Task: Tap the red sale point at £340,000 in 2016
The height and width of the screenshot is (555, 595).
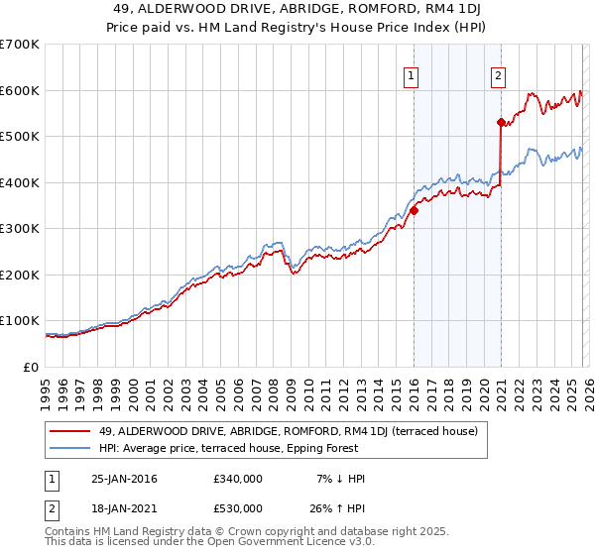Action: tap(414, 210)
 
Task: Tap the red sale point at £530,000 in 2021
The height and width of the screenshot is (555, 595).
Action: tap(501, 123)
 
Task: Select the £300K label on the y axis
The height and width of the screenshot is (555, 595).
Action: tap(20, 228)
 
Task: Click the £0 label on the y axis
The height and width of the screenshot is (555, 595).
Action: tap(32, 367)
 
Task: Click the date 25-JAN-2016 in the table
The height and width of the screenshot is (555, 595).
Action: tap(124, 479)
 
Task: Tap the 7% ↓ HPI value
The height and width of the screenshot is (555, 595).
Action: tap(340, 479)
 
